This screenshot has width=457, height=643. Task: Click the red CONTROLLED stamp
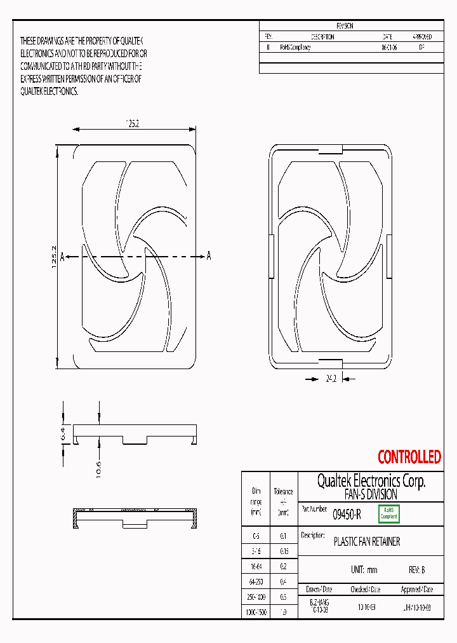(409, 457)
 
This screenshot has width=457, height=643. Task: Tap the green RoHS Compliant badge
(388, 513)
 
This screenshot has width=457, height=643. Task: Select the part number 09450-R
(347, 515)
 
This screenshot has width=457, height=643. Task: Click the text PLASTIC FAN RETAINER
(367, 542)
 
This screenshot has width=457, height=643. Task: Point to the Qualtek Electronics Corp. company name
(371, 481)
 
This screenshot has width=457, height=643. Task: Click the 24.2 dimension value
(331, 378)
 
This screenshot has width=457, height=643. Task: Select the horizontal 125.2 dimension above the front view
(132, 123)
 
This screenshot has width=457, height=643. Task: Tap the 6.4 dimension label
(63, 435)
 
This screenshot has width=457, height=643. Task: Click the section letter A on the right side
(208, 256)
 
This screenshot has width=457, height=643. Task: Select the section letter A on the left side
(62, 257)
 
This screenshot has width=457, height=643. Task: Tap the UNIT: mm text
(364, 570)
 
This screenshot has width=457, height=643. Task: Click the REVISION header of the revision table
(345, 26)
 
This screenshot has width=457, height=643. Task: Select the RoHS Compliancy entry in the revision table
(295, 48)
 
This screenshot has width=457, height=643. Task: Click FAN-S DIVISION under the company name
(371, 494)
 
